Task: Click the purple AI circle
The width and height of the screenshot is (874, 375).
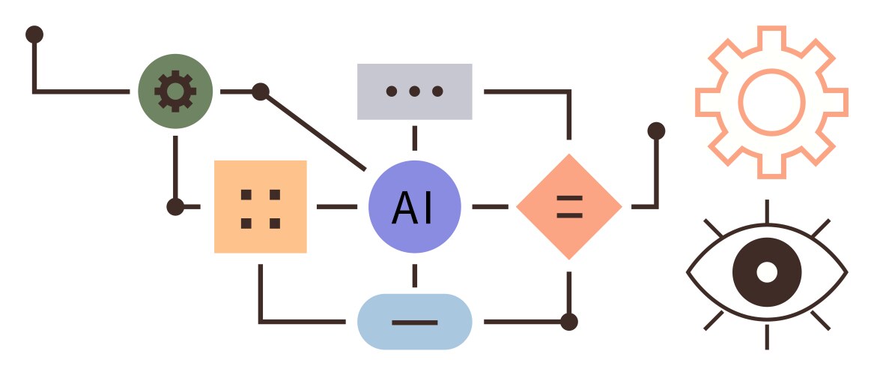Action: click(x=414, y=207)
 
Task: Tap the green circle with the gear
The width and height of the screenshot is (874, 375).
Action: click(x=175, y=91)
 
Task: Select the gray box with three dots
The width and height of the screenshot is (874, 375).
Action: click(x=414, y=91)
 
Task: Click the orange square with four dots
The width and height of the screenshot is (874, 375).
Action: click(x=260, y=206)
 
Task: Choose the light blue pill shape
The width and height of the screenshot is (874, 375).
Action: click(x=414, y=322)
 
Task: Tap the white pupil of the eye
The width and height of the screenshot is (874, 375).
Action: click(x=766, y=271)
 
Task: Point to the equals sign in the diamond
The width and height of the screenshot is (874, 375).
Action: click(x=569, y=206)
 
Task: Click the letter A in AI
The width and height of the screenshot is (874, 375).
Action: click(x=404, y=208)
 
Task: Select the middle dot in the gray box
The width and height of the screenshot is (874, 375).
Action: click(x=414, y=91)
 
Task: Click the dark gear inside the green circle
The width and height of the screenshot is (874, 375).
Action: click(x=175, y=91)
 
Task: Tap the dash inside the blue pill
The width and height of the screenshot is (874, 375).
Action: click(x=414, y=322)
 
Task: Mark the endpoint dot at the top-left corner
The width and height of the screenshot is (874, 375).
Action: click(x=34, y=34)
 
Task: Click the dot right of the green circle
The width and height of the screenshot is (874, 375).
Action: click(x=260, y=91)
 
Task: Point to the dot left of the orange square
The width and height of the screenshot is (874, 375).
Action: click(x=175, y=206)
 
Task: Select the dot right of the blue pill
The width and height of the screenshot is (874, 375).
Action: click(x=569, y=322)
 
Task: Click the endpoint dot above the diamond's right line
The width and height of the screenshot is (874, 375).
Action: click(x=656, y=130)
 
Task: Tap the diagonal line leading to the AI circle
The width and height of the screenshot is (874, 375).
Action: click(x=315, y=131)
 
